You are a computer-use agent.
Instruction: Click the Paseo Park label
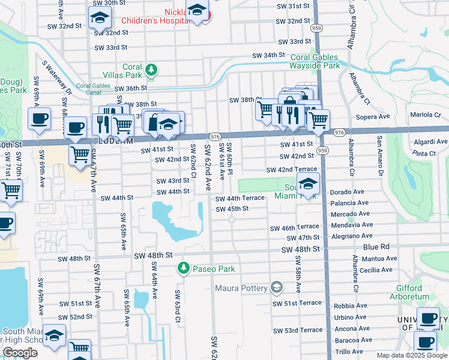(x=213, y=269)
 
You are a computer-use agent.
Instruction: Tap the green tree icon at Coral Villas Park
(x=152, y=71)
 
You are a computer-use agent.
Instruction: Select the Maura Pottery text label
(x=241, y=288)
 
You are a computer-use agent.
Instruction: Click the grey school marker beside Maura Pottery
(x=276, y=288)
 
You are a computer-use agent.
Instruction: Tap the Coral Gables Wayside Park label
(x=315, y=61)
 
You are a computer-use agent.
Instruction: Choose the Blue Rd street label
(x=376, y=247)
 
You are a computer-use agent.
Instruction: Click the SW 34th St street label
(x=268, y=55)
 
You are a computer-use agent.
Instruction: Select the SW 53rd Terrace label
(x=297, y=331)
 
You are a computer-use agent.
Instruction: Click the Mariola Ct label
(x=426, y=115)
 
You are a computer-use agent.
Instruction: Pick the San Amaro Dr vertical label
(x=379, y=156)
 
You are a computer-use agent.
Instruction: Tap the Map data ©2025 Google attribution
(x=412, y=355)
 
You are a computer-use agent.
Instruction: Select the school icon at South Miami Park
(x=308, y=184)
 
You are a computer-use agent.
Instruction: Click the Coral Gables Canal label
(x=93, y=89)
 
